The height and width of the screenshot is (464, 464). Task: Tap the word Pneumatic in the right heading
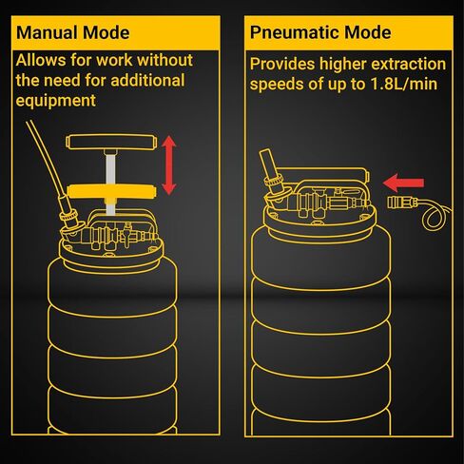295,32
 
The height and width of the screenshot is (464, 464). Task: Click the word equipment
55,102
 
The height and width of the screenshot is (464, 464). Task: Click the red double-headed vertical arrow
169,165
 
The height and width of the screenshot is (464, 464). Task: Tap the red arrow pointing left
403,183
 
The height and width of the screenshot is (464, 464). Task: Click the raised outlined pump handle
111,142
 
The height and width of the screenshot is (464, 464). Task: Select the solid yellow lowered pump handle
112,191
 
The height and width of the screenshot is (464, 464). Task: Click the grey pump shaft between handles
110,169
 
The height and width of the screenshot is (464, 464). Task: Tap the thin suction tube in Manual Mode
47,160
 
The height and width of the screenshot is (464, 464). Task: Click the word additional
147,81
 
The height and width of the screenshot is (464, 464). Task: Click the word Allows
41,60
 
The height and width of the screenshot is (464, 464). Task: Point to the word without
165,60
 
